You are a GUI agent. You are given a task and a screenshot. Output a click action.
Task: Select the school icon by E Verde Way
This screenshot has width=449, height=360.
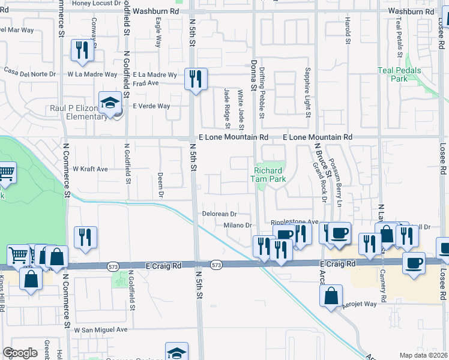click(110, 103)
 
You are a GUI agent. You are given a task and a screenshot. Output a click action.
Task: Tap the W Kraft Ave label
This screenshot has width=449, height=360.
click(90, 169)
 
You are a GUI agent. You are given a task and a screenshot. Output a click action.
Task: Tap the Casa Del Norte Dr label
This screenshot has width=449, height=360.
click(29, 73)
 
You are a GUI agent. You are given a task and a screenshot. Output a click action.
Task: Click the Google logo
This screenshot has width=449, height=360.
click(20, 353)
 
